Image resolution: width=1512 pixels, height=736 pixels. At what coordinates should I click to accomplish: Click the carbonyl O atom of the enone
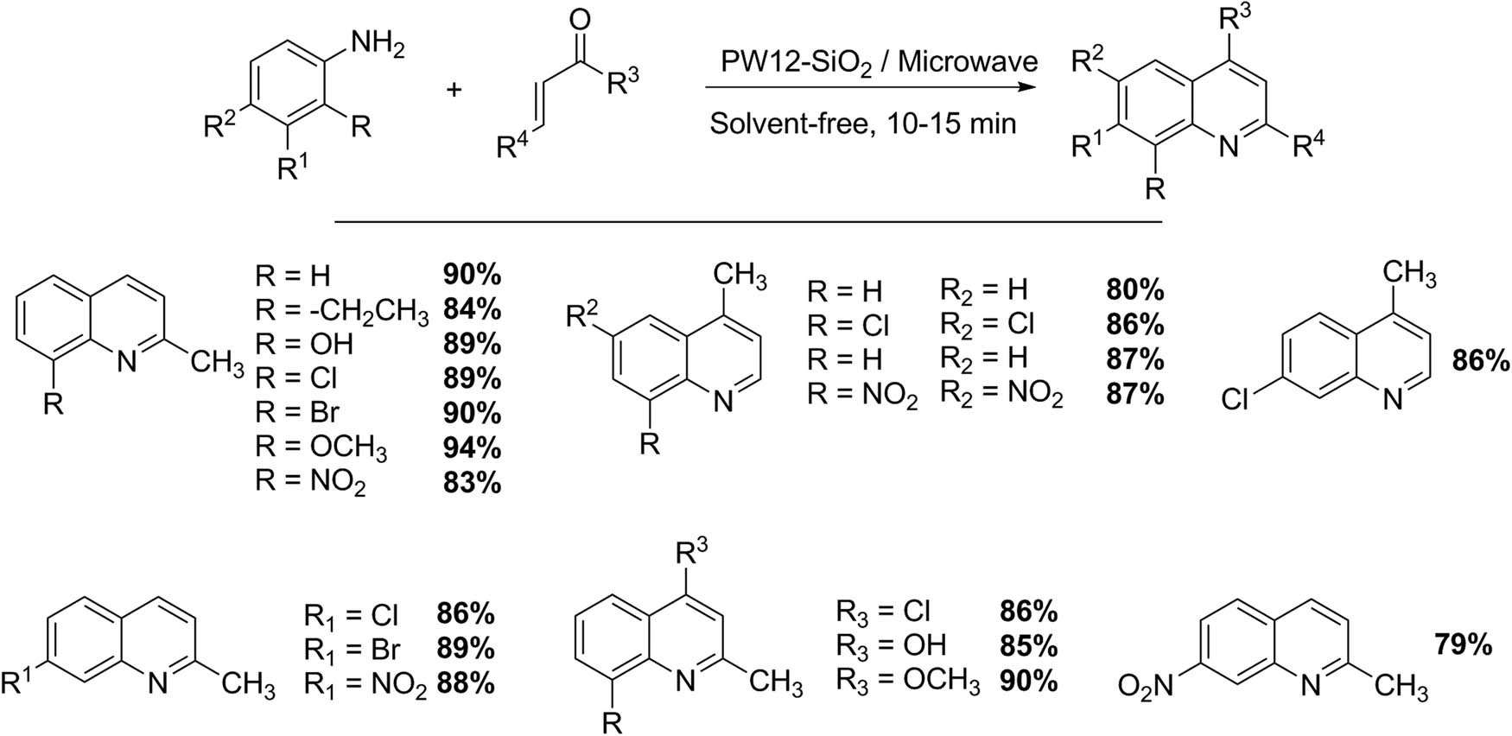(x=581, y=18)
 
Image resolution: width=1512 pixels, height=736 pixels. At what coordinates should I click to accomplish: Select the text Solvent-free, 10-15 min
(x=863, y=124)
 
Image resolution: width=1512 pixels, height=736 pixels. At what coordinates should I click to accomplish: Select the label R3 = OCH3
(x=908, y=682)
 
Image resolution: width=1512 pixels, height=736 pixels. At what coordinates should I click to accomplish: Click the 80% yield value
(x=1135, y=290)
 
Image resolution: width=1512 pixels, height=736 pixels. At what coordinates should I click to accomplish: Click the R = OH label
(x=304, y=344)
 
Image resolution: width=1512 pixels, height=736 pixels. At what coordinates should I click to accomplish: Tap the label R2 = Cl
(x=988, y=326)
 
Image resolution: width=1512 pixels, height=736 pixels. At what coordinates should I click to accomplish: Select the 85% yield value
(x=1028, y=645)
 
